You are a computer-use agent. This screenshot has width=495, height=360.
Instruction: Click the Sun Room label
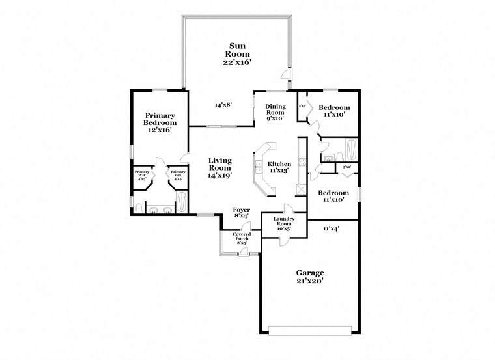[236, 49]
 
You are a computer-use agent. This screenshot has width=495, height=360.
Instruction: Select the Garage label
[310, 273]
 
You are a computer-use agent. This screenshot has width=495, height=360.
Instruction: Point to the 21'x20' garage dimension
[310, 282]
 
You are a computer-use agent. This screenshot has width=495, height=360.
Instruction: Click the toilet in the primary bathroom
[139, 208]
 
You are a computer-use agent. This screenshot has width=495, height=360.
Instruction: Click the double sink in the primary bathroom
[160, 210]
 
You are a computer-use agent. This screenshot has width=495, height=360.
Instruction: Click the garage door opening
[311, 327]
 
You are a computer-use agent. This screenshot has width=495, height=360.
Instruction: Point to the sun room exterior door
[285, 76]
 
